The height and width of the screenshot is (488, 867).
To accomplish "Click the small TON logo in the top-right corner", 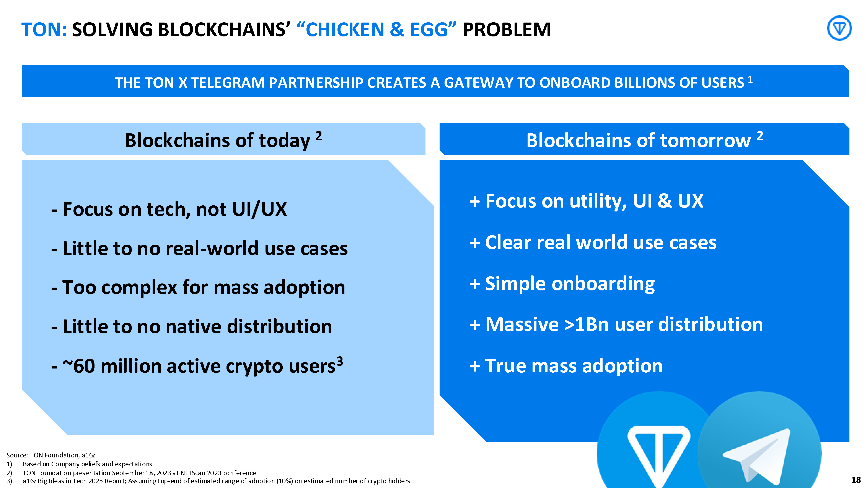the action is click(x=839, y=28).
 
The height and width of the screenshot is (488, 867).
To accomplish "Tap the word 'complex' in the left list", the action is click(x=139, y=288).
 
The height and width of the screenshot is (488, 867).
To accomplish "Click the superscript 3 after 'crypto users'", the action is click(x=340, y=361).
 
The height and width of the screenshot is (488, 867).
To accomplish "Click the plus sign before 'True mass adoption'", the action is click(x=474, y=366).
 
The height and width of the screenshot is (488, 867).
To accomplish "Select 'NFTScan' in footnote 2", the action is click(x=193, y=473).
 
